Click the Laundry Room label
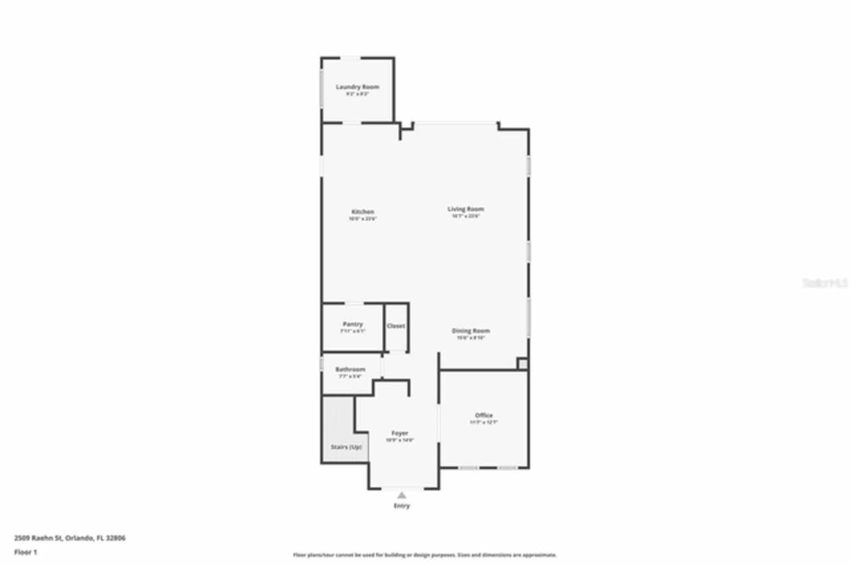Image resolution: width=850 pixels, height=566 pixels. pyautogui.click(x=357, y=87)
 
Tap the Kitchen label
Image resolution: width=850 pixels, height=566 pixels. pyautogui.click(x=363, y=212)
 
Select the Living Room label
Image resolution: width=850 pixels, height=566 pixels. pyautogui.click(x=466, y=209)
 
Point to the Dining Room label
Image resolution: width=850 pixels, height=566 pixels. pyautogui.click(x=471, y=331)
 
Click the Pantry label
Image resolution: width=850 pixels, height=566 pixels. pyautogui.click(x=353, y=324)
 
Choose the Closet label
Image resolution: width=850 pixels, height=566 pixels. pyautogui.click(x=396, y=326)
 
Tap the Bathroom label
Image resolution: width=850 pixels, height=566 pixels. pyautogui.click(x=350, y=369)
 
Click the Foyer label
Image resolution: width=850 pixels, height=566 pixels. pyautogui.click(x=400, y=433)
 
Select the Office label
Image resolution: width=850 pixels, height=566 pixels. pyautogui.click(x=483, y=415)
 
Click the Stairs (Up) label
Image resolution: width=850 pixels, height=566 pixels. pyautogui.click(x=346, y=447)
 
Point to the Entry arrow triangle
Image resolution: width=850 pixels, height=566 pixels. pyautogui.click(x=401, y=495)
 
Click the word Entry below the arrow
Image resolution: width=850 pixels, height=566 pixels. pyautogui.click(x=402, y=506)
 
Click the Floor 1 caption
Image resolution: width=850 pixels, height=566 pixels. pyautogui.click(x=25, y=552)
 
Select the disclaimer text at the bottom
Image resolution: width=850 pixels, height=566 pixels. pyautogui.click(x=425, y=555)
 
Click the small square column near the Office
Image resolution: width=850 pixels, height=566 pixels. pyautogui.click(x=523, y=363)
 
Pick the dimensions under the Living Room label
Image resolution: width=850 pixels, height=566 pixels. pyautogui.click(x=466, y=216)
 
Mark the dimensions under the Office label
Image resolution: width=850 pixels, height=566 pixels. pyautogui.click(x=483, y=423)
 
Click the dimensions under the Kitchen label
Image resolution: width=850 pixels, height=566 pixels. pyautogui.click(x=363, y=219)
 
